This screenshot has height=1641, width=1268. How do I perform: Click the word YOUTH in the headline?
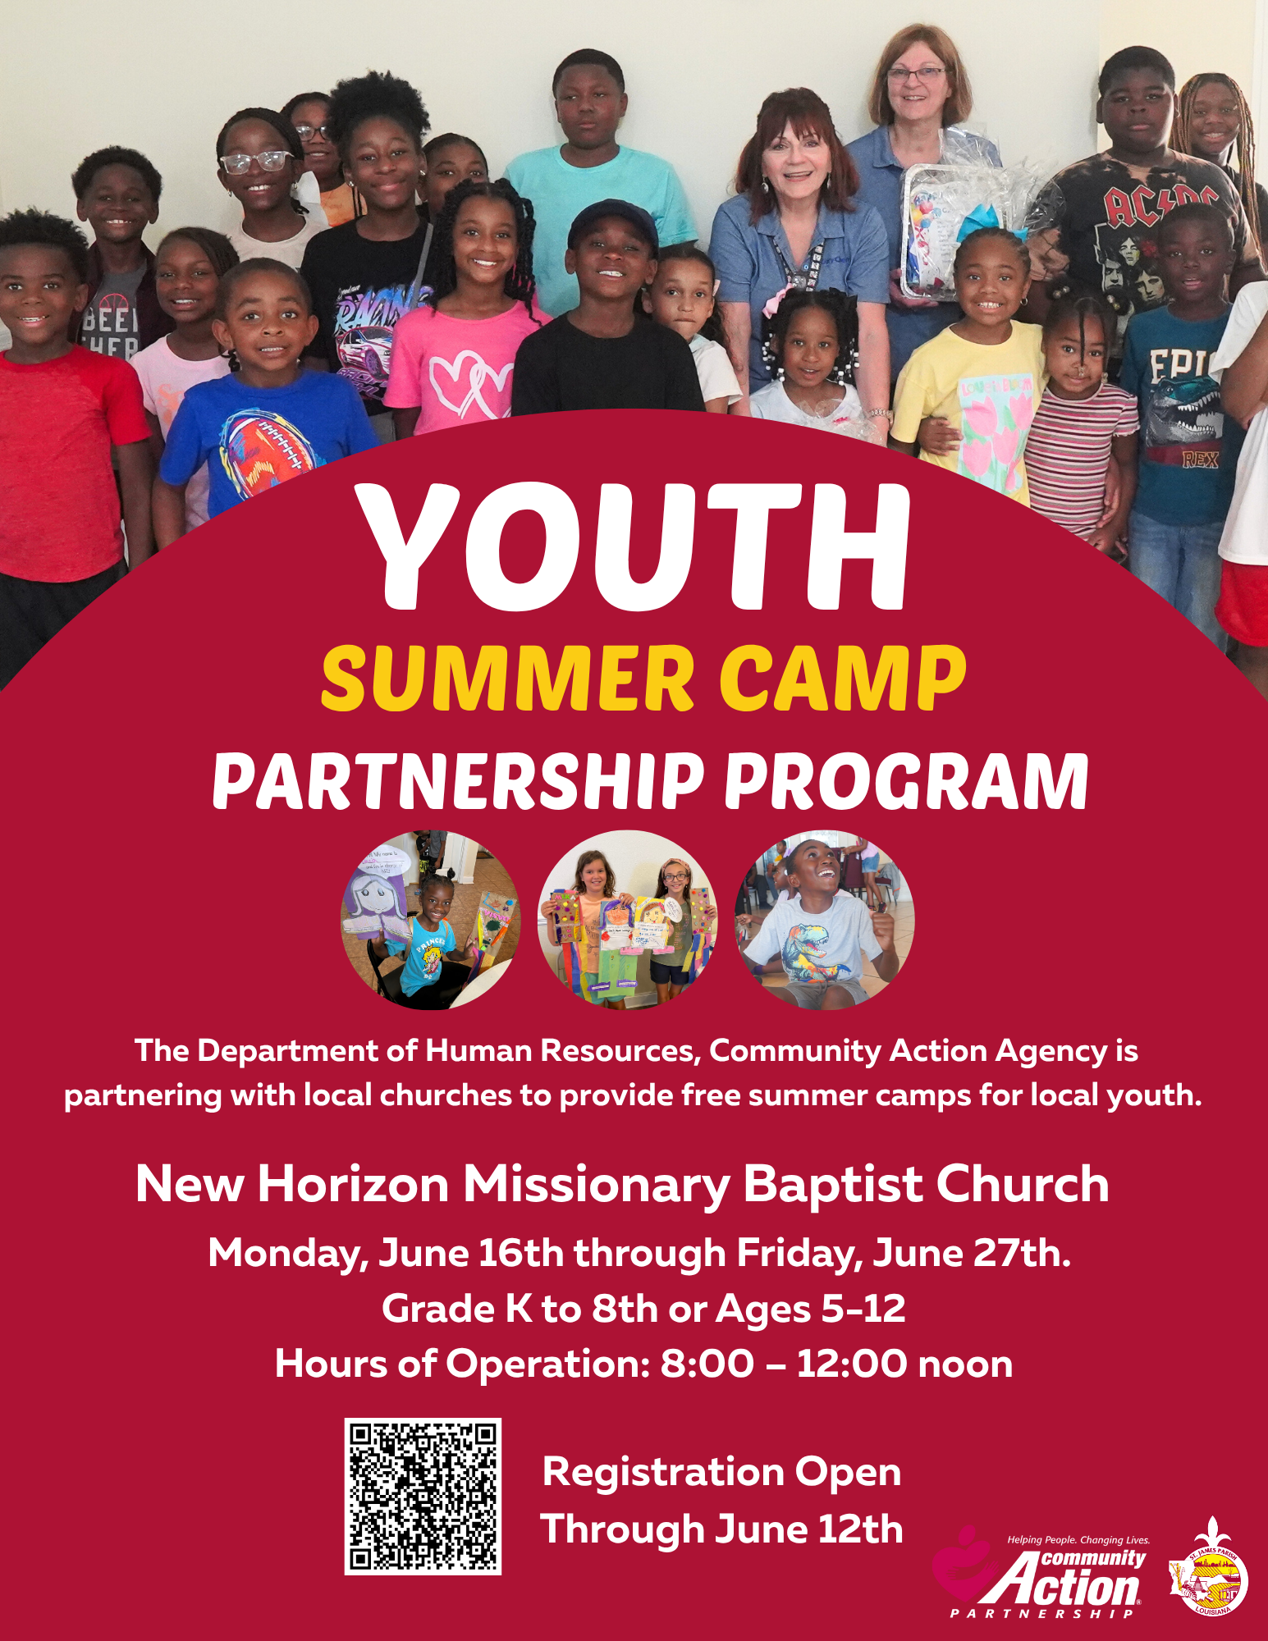coord(634,547)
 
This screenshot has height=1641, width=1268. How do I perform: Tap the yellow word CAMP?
coord(843,679)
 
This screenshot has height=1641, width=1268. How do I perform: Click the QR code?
coord(423,1496)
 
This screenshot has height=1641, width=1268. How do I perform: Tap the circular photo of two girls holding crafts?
coord(627,920)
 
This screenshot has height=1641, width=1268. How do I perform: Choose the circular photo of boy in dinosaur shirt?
coord(824,920)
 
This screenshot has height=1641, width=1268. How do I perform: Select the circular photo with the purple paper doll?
coord(430,920)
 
